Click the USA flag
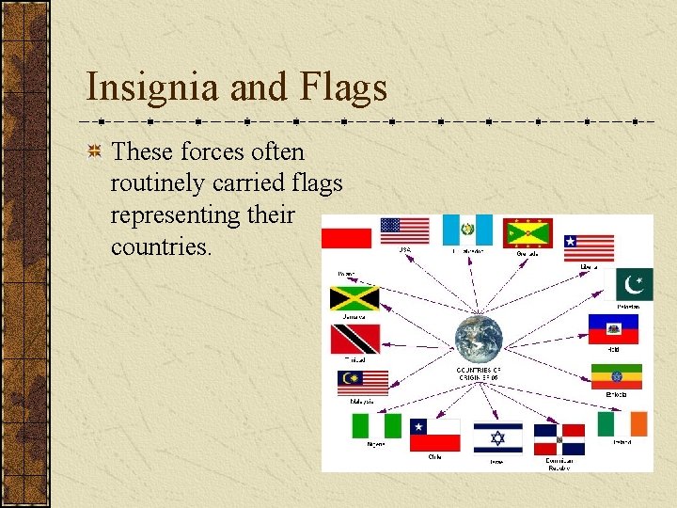404,230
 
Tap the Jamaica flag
354,298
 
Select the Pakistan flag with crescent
634,284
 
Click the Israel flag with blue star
497,437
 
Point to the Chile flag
434,436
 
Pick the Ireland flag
622,424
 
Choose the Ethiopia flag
616,376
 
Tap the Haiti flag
613,329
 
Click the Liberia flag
589,247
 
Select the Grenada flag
527,232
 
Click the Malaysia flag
362,383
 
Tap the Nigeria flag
376,426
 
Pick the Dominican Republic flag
559,439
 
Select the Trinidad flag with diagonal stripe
354,339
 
